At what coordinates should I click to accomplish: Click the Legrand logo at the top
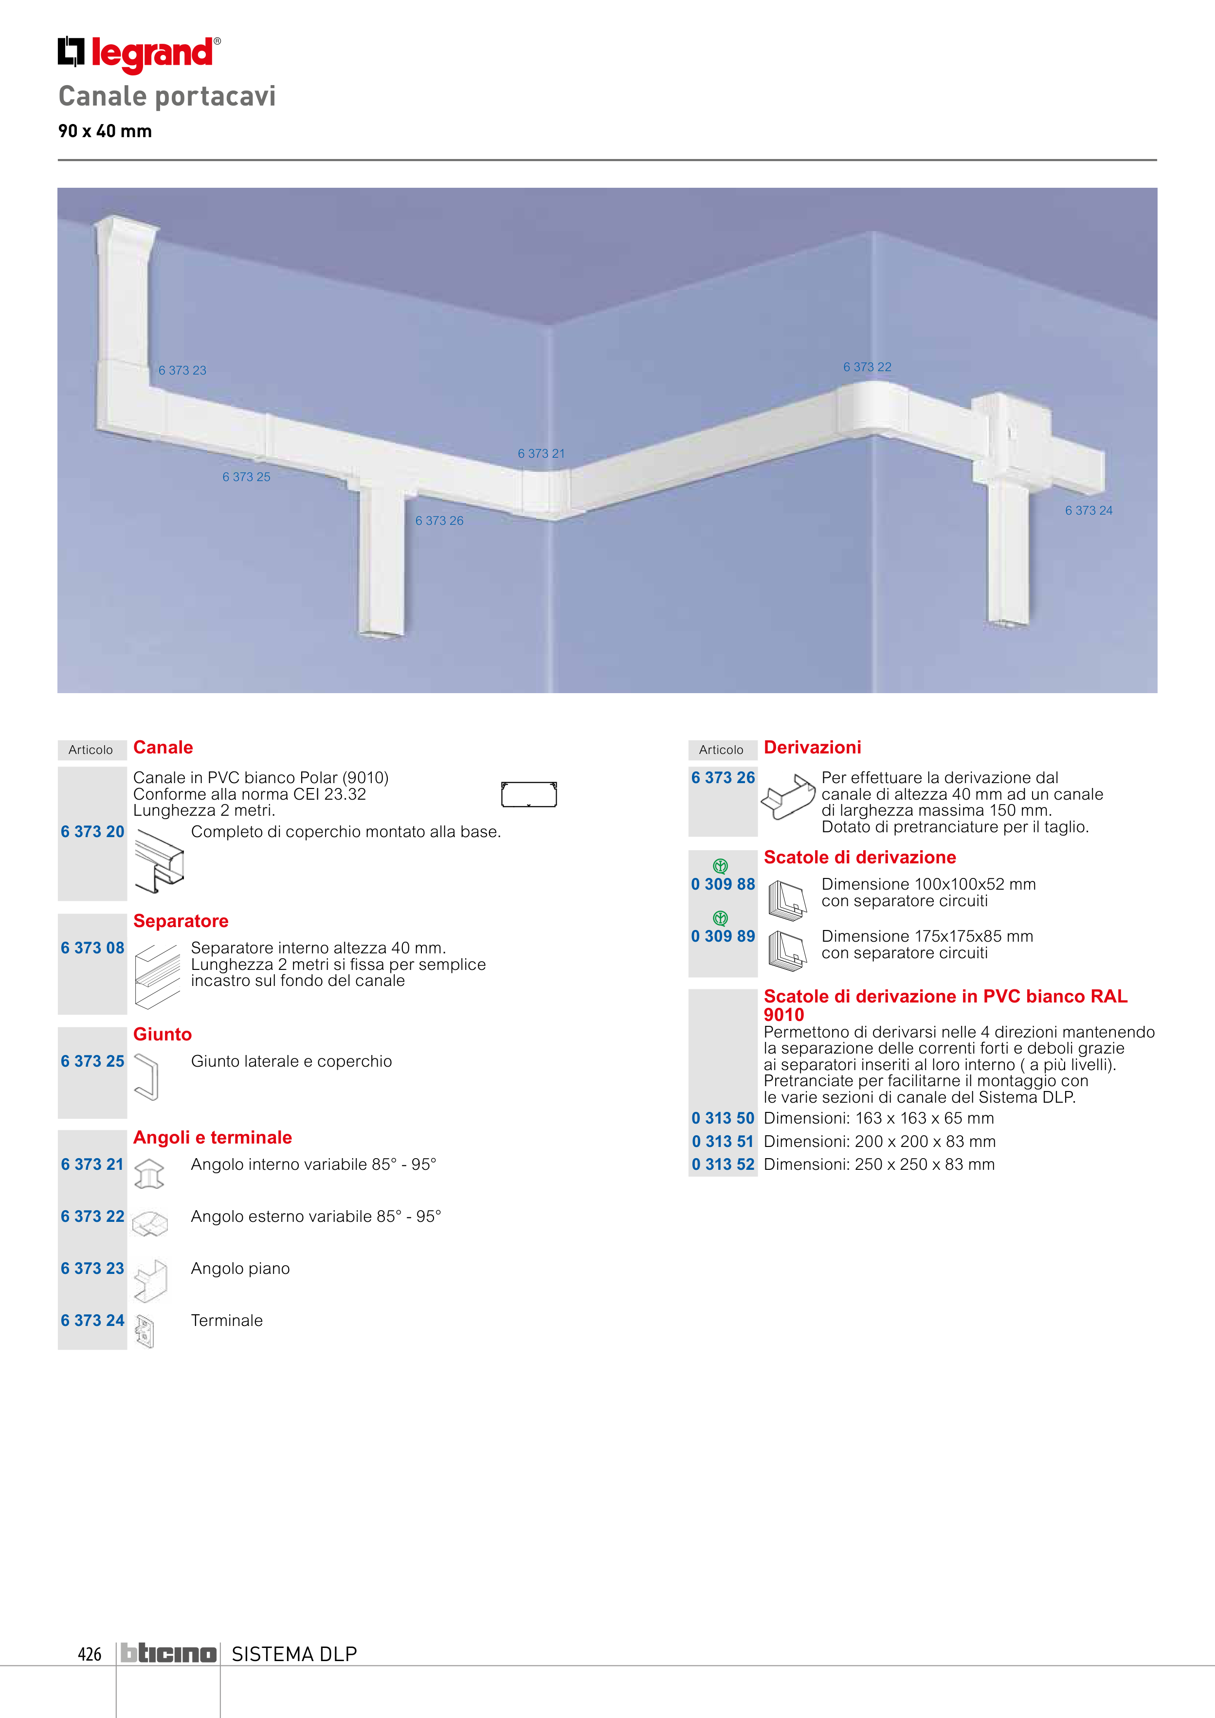point(139,54)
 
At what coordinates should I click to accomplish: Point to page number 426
point(89,1654)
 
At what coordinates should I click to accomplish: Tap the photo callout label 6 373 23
point(182,370)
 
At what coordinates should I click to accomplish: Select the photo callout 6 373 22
point(867,367)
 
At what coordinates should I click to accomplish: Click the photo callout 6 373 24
point(1088,510)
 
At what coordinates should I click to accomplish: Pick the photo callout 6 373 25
point(246,477)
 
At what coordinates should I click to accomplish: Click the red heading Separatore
point(181,921)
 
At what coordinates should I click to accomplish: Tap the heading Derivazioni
point(812,748)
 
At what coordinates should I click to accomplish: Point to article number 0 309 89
point(723,936)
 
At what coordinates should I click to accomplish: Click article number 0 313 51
point(723,1141)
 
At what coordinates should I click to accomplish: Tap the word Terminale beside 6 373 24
point(227,1321)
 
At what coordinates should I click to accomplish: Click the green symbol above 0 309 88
point(720,866)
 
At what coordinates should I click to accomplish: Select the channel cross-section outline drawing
point(528,795)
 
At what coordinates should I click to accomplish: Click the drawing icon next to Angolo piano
point(150,1281)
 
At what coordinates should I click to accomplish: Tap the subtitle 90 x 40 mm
point(105,131)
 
